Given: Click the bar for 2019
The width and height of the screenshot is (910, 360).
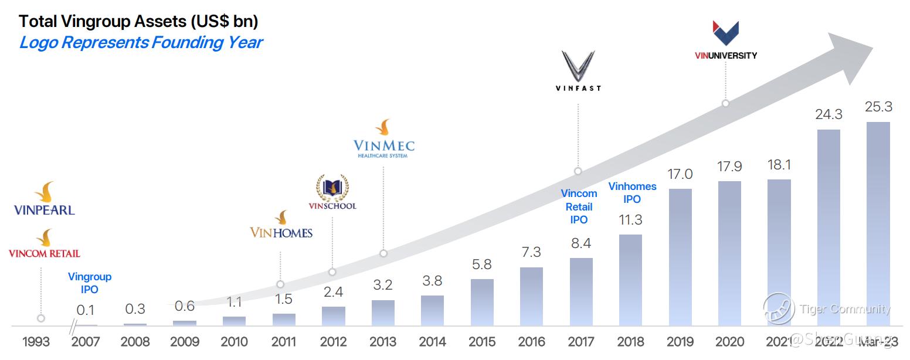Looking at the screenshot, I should [680, 257].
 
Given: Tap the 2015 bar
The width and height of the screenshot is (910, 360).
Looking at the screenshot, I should [482, 302].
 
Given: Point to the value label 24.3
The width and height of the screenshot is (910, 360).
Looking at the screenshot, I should [828, 114].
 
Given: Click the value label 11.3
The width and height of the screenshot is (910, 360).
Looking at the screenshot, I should [630, 220].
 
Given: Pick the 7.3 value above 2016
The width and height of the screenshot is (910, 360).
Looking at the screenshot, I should [531, 252].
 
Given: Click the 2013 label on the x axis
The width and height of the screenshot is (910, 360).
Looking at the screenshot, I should [383, 342].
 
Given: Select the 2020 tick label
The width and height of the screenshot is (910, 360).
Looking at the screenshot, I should [729, 342].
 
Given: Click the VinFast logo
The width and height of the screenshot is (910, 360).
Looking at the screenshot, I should [578, 71].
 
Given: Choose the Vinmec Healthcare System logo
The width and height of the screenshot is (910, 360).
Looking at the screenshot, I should [384, 140].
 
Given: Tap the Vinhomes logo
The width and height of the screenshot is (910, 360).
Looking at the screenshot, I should [281, 225].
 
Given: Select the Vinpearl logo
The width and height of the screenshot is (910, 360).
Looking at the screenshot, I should [45, 199].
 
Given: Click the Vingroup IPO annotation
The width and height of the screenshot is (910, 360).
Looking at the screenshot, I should [89, 283].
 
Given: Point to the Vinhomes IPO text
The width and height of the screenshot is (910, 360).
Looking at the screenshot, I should [632, 193].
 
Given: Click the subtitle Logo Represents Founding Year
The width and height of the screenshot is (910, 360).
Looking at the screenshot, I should [141, 43].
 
